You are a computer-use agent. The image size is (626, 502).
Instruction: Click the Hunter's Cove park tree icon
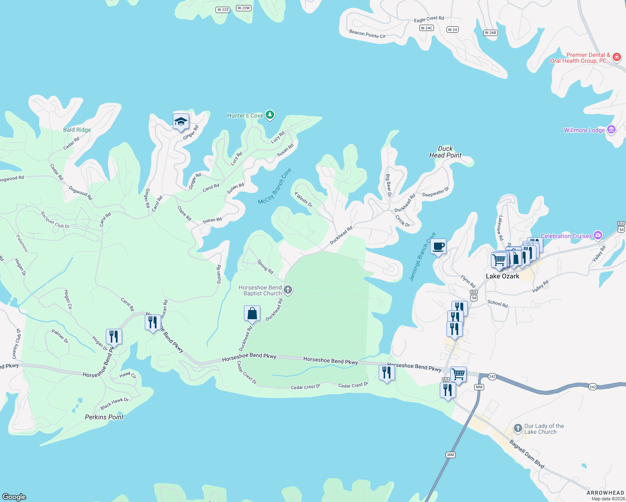coord(270,115)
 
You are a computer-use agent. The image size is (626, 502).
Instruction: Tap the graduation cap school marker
coord(181,122)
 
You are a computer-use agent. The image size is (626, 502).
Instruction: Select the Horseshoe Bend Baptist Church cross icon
coord(288,290)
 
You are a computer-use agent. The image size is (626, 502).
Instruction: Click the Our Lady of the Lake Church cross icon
coord(518,428)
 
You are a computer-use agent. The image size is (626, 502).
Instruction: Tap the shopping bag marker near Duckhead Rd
coord(252,313)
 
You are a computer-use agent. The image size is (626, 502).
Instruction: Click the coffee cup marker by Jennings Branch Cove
coord(438,246)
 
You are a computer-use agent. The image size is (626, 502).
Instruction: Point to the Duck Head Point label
coord(445,152)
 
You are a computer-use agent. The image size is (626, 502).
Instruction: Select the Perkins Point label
coord(104,417)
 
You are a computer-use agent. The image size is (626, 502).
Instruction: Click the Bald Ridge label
coord(77,130)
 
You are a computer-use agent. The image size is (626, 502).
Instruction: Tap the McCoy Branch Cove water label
coord(275,187)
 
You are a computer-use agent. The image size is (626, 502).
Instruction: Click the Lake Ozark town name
coord(502,276)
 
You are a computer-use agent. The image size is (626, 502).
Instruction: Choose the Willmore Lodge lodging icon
coord(611,130)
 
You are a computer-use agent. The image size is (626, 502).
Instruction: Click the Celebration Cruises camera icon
coord(598,236)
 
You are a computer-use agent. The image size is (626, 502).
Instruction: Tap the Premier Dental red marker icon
coord(616,57)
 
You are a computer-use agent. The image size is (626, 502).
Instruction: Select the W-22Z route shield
coord(223,10)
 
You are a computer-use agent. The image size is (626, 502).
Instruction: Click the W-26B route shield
coord(490,33)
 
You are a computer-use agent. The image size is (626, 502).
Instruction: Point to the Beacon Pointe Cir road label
coord(367,34)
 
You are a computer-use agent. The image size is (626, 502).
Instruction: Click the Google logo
coord(14,497)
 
